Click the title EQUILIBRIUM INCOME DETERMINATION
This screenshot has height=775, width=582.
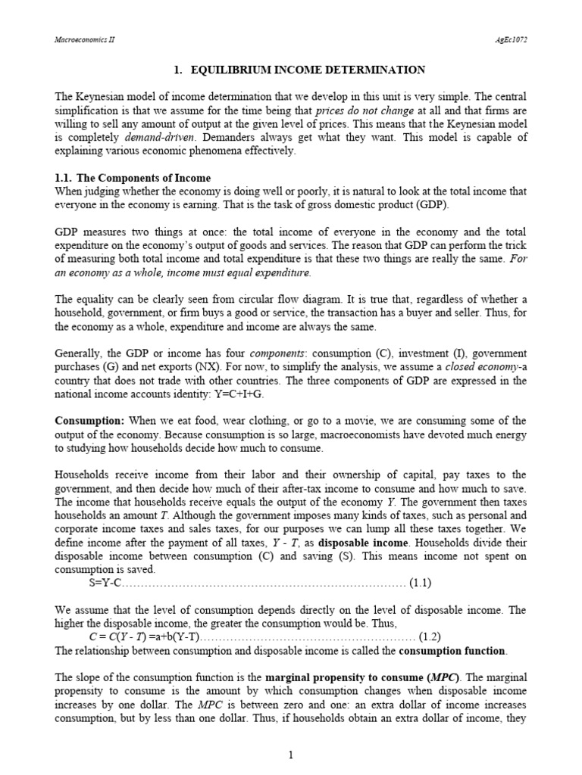tap(299, 70)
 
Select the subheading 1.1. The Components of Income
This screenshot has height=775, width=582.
tap(133, 178)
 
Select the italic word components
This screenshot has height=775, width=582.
tap(277, 353)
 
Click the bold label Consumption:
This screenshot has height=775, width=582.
tap(89, 421)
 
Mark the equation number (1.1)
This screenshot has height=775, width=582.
tap(420, 583)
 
